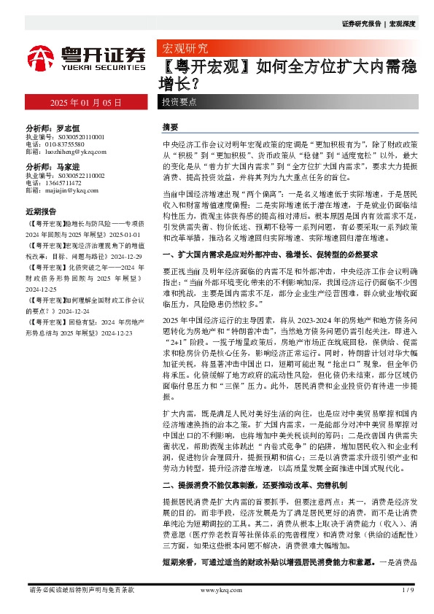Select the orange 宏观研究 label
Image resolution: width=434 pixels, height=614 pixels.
184,49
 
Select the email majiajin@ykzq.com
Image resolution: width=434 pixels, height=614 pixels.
66,190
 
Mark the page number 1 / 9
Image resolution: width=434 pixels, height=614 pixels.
408,590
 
